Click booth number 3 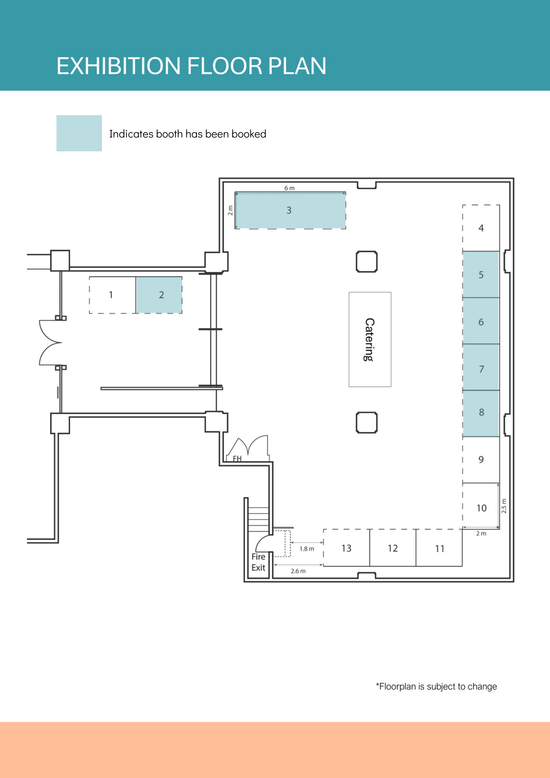point(290,210)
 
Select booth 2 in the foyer point(159,295)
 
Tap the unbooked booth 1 point(112,295)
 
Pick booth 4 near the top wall point(481,228)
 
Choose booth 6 point(481,321)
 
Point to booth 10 point(481,506)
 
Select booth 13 point(346,548)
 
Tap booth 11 point(439,548)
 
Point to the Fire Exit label point(258,562)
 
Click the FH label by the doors point(237,458)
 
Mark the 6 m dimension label point(289,188)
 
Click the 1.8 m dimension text point(307,549)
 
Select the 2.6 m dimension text point(298,571)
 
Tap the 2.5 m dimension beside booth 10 point(504,506)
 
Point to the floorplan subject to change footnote point(436,687)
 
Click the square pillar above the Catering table point(367,262)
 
